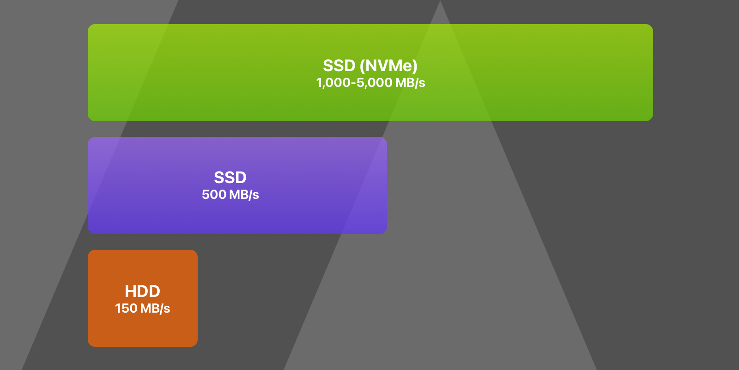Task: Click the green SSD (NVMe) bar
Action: [x=370, y=72]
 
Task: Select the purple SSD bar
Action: [x=237, y=185]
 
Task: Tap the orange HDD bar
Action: [x=143, y=298]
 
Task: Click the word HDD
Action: [x=143, y=291]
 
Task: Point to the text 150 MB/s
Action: [x=143, y=308]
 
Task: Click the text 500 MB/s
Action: [x=230, y=195]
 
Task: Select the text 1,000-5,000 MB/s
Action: [x=370, y=83]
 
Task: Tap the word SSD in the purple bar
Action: [x=230, y=178]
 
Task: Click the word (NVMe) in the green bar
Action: [x=388, y=66]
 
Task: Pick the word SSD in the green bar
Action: [x=339, y=66]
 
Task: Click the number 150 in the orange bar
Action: [x=126, y=308]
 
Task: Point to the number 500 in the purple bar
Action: [x=214, y=195]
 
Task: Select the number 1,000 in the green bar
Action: [x=333, y=83]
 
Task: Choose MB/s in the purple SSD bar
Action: [x=244, y=195]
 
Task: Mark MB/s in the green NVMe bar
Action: [x=411, y=83]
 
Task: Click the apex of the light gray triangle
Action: [x=440, y=0]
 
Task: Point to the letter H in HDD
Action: [x=131, y=291]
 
